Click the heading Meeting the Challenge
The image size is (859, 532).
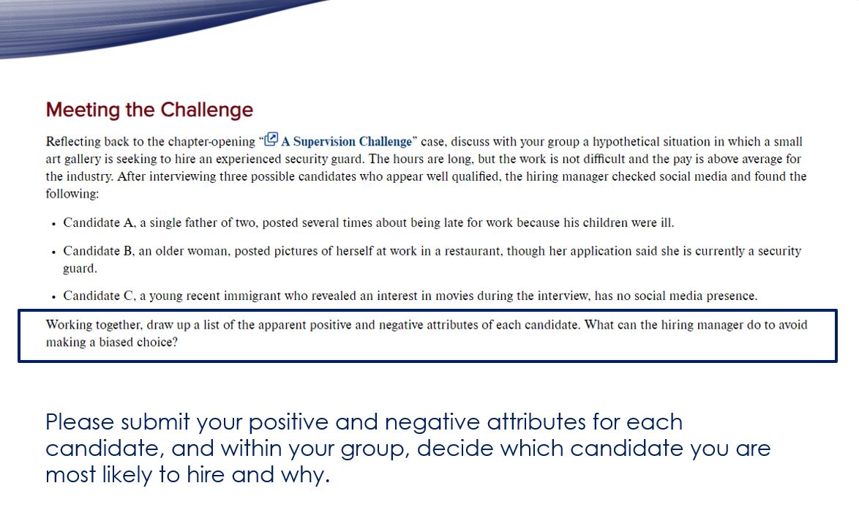coord(149,110)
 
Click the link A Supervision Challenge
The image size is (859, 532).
coord(346,142)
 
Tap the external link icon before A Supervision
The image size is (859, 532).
coord(271,139)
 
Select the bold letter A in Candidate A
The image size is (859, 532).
coord(119,222)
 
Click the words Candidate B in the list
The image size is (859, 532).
coord(97,251)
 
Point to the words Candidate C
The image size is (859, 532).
coord(98,296)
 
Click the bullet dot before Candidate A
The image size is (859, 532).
coord(54,223)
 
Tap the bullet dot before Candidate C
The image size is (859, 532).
coord(54,297)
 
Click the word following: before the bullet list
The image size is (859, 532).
coord(72,194)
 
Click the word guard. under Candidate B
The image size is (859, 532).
coord(80,269)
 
